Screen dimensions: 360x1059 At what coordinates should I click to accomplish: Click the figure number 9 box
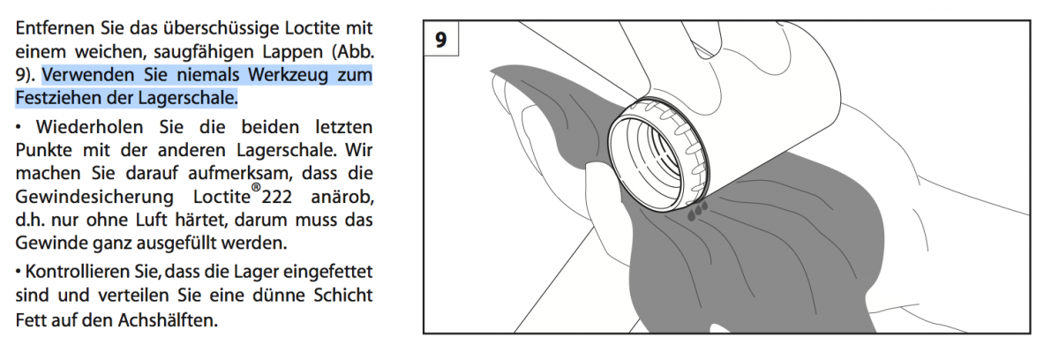coord(440,40)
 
